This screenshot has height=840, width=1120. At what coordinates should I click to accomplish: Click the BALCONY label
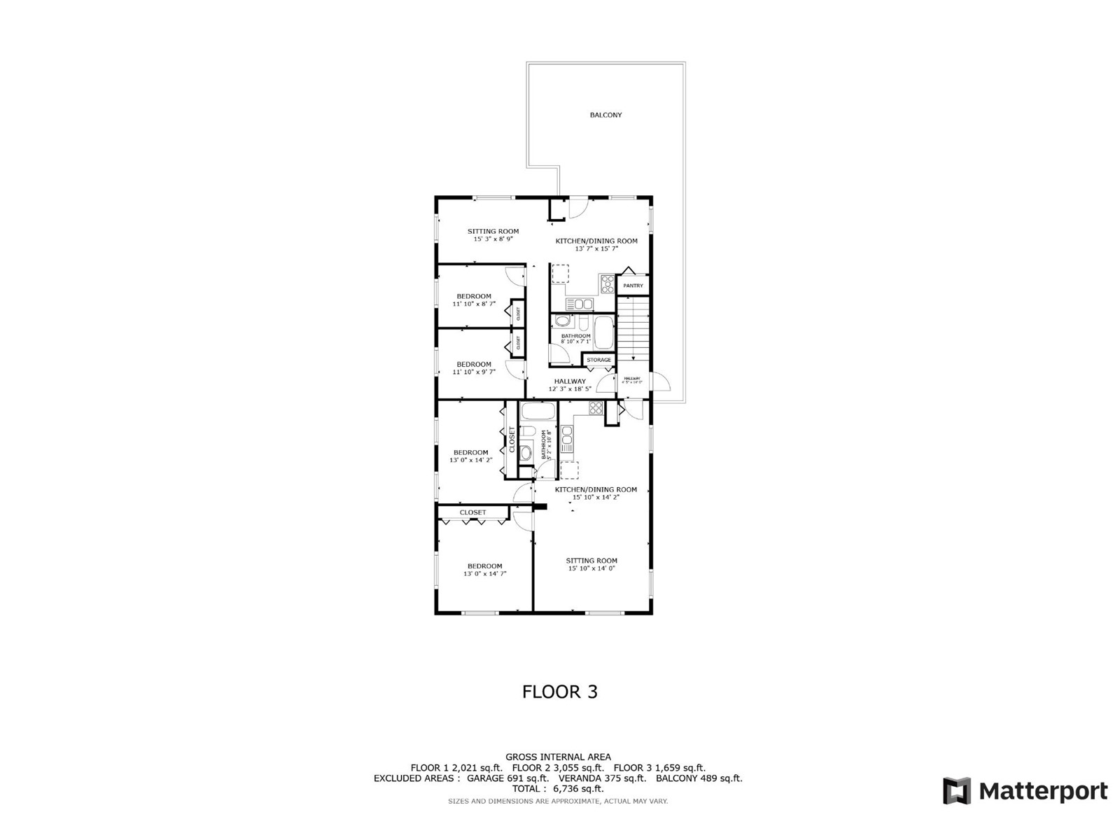[x=605, y=115]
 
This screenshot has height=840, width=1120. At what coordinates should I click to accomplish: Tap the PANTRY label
[x=633, y=286]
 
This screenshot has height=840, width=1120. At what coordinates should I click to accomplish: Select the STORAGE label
[x=598, y=360]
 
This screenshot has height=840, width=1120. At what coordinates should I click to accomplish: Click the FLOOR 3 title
[x=559, y=692]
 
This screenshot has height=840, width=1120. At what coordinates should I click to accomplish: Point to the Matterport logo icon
[x=956, y=791]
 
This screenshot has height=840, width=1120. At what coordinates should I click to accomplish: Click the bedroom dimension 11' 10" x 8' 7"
[x=474, y=304]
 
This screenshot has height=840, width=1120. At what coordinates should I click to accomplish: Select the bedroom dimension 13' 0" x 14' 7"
[x=484, y=574]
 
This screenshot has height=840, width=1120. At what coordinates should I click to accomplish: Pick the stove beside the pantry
[x=607, y=283]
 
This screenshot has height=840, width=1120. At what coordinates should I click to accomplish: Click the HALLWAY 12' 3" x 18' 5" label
[x=570, y=385]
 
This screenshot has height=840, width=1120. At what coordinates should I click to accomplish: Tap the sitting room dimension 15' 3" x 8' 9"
[x=493, y=239]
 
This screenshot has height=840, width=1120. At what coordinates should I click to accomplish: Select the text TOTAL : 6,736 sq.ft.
[x=558, y=789]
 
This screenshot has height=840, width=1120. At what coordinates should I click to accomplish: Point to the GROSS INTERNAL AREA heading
[x=558, y=757]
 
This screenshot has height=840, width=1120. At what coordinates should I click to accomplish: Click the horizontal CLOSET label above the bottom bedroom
[x=473, y=512]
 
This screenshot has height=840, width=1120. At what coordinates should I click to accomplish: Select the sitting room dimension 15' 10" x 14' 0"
[x=591, y=568]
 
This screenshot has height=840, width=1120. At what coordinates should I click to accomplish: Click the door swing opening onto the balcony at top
[x=577, y=209]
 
